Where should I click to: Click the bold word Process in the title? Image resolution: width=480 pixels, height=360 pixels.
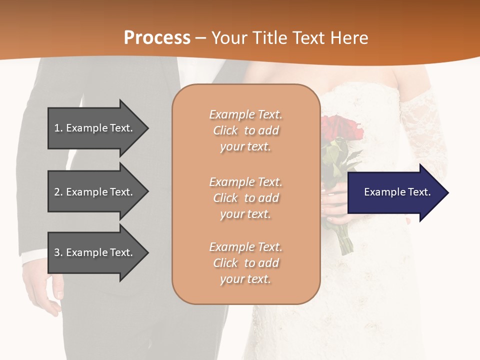coord(157,37)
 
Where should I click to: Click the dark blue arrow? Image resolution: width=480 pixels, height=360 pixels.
coord(395,192)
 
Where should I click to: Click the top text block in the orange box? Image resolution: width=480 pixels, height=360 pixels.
coord(245,130)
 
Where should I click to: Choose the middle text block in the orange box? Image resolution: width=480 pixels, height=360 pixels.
coord(245,198)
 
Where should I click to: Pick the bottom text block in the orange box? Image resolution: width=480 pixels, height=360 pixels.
coord(245,263)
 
